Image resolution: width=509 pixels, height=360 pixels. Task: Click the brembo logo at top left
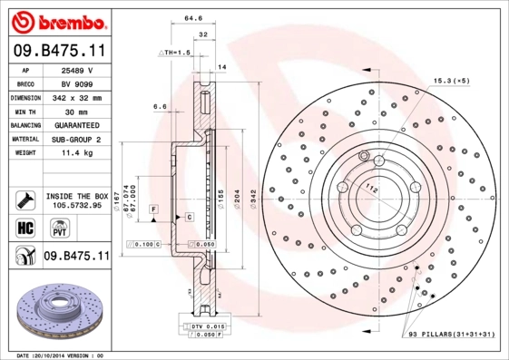tap(55, 21)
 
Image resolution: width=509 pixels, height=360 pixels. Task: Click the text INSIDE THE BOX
tap(76, 196)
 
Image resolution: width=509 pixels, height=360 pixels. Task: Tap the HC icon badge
tap(24, 226)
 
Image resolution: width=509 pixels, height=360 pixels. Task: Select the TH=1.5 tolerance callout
tap(177, 53)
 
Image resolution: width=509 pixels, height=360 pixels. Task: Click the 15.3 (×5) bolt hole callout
tap(451, 82)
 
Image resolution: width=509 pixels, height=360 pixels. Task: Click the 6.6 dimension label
tap(160, 106)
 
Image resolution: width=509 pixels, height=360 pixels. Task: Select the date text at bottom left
tap(60, 355)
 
